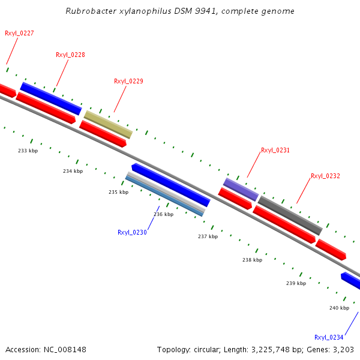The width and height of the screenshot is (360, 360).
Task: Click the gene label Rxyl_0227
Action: pos(19,33)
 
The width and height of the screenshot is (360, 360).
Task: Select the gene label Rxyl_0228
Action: pos(70,55)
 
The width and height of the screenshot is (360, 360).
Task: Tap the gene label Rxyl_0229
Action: pos(128,81)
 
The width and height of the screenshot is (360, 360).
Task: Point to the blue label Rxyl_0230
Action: pos(132,232)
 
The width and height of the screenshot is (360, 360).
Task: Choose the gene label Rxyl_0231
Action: pos(275,150)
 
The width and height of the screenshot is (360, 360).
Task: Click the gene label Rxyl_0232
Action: pos(325,176)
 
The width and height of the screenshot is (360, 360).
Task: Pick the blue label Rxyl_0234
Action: pos(329,337)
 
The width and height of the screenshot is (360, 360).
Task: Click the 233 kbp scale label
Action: pos(28,151)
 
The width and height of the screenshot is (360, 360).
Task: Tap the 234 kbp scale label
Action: pos(73,171)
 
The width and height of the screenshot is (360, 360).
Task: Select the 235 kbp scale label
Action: pos(118,192)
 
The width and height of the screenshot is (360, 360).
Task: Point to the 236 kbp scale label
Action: pos(163,214)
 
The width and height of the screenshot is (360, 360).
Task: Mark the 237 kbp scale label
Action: pos(208,236)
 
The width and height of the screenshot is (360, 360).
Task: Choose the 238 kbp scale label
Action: pos(252,260)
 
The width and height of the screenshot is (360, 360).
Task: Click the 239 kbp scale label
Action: pos(296,283)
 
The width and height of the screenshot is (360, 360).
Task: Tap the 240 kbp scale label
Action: pos(339,308)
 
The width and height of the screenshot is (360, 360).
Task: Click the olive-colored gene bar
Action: pos(108,124)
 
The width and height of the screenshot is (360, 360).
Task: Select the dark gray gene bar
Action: pos(290,215)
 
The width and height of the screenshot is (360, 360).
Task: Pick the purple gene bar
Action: pos(241,189)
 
